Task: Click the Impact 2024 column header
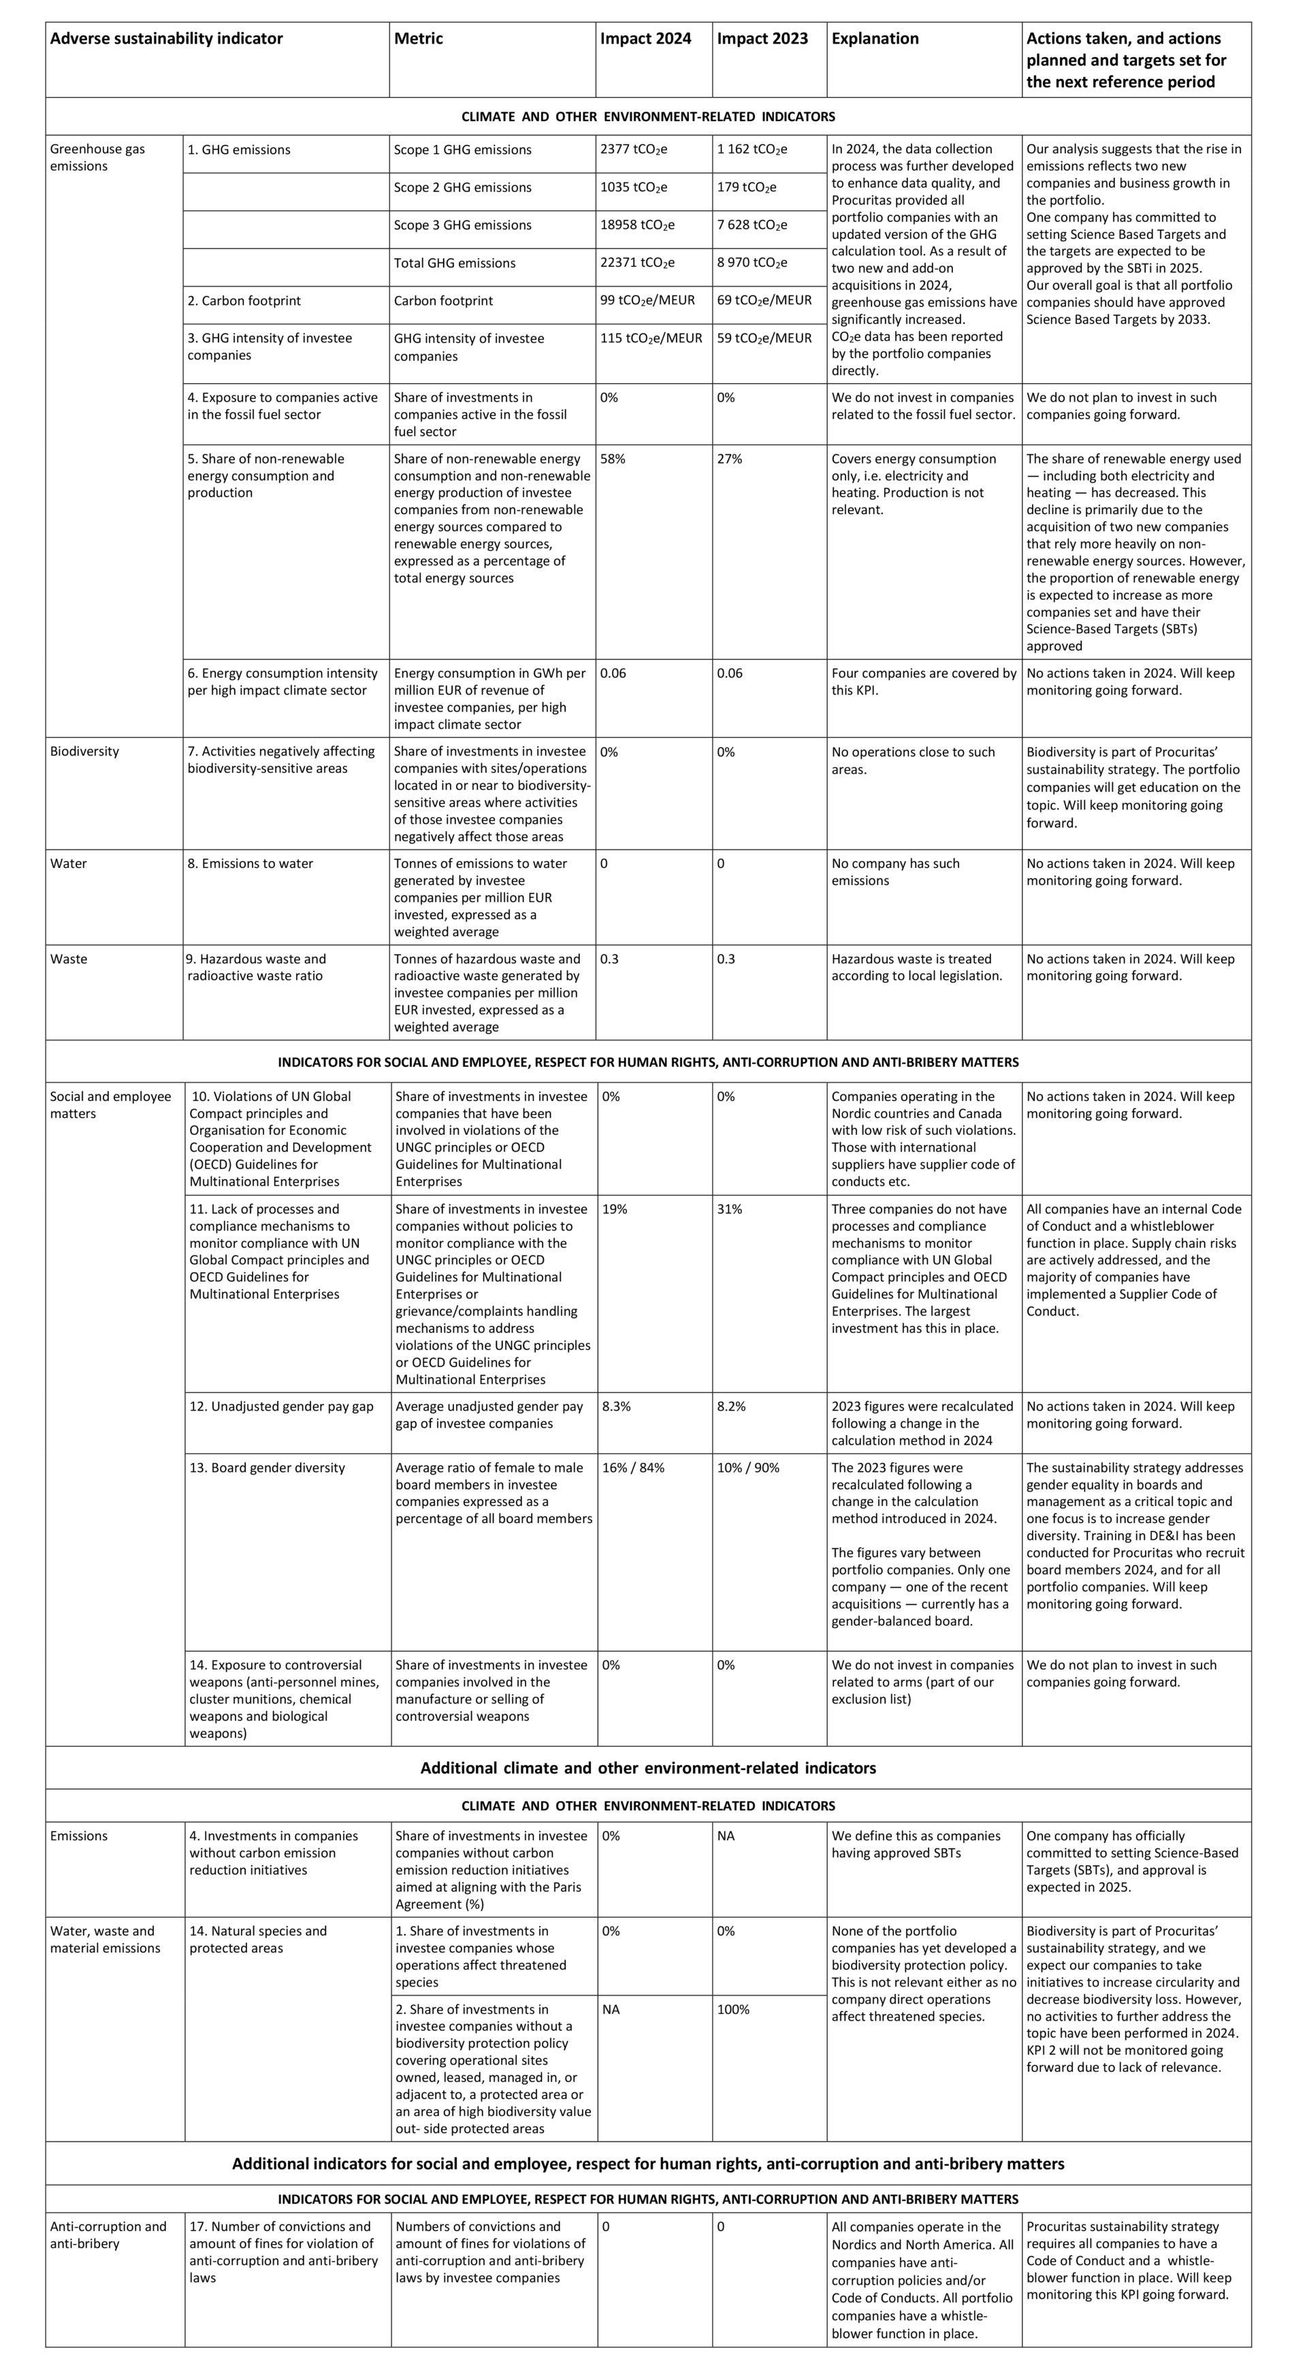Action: (x=645, y=39)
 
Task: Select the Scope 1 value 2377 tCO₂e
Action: (x=633, y=150)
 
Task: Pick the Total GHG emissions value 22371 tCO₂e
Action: (x=637, y=263)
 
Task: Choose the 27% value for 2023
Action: (x=730, y=459)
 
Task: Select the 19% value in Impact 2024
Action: (x=614, y=1209)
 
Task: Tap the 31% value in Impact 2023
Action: (x=730, y=1209)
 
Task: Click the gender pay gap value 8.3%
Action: (x=616, y=1406)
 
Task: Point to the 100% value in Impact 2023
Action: (x=733, y=2010)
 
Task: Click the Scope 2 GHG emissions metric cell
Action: (x=463, y=187)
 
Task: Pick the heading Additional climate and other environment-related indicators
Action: (x=648, y=1768)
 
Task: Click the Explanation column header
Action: (x=875, y=39)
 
